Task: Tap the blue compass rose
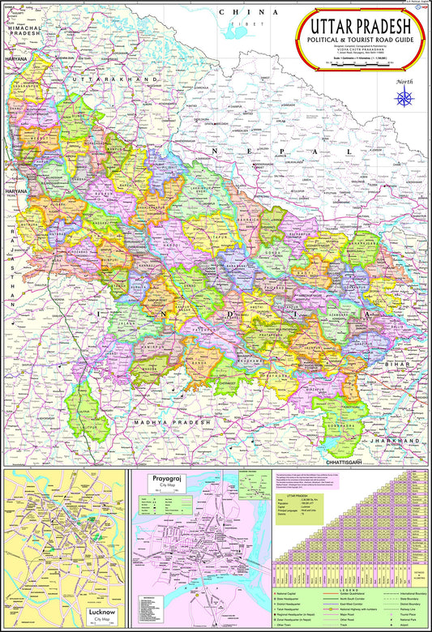coord(403,98)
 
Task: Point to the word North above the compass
coord(403,82)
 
